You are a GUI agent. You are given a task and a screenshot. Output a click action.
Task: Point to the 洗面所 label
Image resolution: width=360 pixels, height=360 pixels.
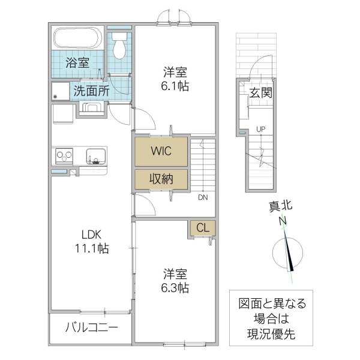(x=91, y=92)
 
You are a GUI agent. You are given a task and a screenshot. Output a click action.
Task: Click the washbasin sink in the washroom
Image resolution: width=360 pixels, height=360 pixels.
(x=92, y=109)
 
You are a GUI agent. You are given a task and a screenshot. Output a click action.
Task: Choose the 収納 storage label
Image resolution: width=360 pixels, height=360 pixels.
(x=160, y=179)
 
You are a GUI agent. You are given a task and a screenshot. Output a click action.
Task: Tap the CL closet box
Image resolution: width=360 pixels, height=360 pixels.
(x=203, y=228)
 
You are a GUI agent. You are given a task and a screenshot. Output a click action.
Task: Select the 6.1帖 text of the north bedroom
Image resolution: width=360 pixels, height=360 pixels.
(x=175, y=86)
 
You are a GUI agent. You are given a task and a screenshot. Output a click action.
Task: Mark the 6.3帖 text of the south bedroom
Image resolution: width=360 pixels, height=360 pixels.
(x=175, y=288)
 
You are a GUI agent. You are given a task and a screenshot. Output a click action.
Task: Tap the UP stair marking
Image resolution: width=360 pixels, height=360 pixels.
(x=260, y=129)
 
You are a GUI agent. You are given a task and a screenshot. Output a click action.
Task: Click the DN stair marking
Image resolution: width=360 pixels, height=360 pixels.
(x=203, y=197)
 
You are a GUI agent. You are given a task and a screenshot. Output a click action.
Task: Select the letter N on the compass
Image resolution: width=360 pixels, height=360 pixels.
(x=282, y=222)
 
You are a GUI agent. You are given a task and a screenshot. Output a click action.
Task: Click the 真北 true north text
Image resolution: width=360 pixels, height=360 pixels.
(x=280, y=206)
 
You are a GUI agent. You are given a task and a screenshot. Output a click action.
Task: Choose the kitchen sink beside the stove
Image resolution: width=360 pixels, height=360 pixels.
(x=94, y=156)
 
